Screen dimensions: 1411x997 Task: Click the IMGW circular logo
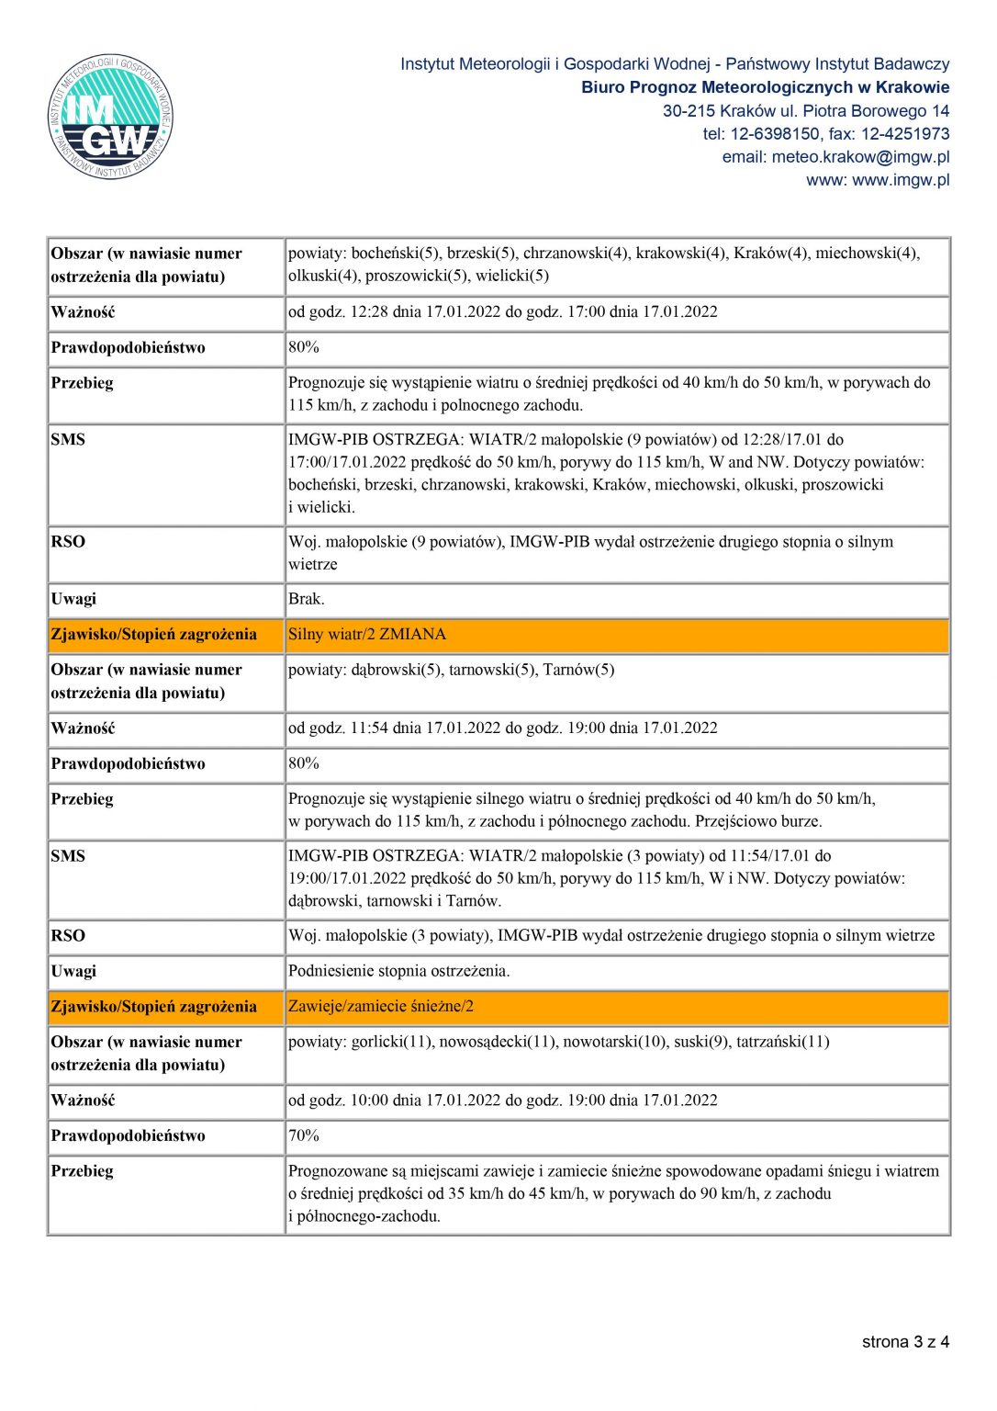pyautogui.click(x=110, y=117)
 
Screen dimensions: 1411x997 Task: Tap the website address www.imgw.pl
pyautogui.click(x=901, y=180)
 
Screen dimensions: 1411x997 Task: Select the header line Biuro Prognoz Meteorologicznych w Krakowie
pyautogui.click(x=765, y=87)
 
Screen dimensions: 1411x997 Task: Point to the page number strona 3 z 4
pyautogui.click(x=905, y=1342)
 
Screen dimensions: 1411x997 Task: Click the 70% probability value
pyautogui.click(x=304, y=1135)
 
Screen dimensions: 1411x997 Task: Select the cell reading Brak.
pyautogui.click(x=307, y=599)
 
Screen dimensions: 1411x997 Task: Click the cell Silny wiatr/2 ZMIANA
pyautogui.click(x=367, y=635)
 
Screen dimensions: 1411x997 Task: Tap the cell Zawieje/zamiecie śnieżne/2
pyautogui.click(x=381, y=1007)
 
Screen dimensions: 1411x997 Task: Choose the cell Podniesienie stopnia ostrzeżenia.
pyautogui.click(x=399, y=971)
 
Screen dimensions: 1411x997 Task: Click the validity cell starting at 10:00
pyautogui.click(x=503, y=1101)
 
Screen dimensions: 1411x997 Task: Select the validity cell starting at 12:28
pyautogui.click(x=503, y=312)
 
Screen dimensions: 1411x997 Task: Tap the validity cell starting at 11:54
pyautogui.click(x=503, y=728)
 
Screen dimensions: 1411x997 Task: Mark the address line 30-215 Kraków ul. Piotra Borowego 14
pyautogui.click(x=806, y=111)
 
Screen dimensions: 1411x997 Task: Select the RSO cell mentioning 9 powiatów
pyautogui.click(x=590, y=553)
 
